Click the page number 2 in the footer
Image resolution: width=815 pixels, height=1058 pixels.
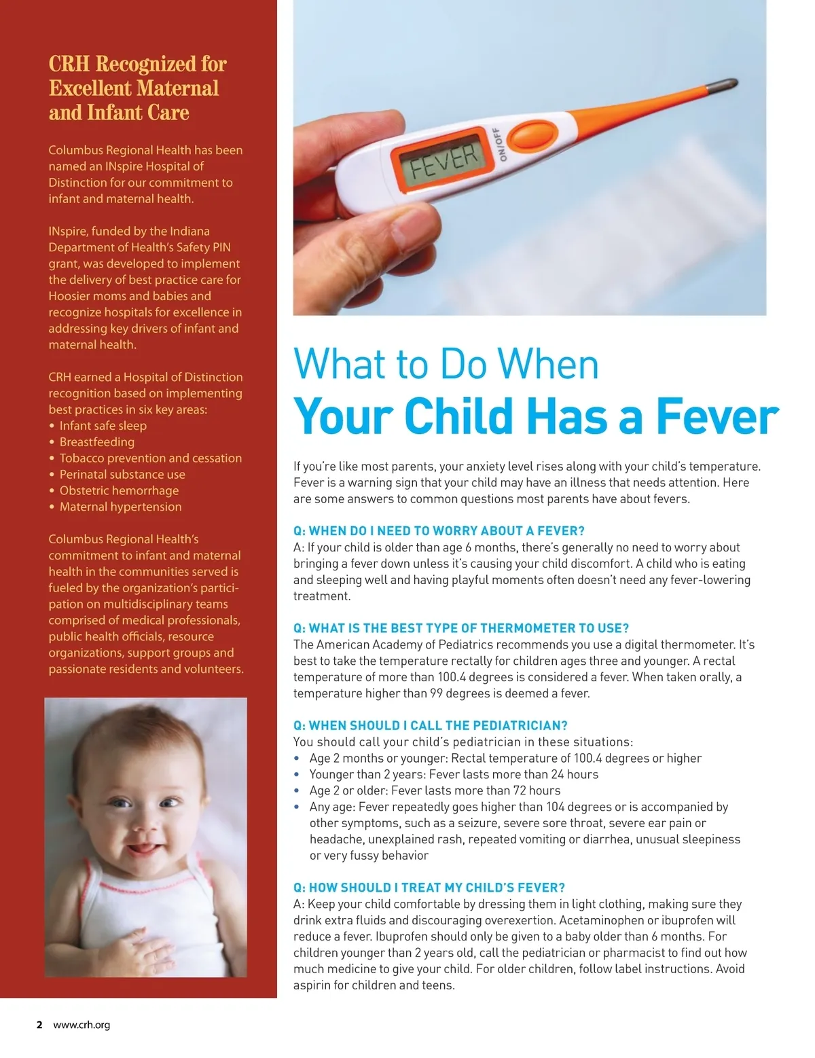point(39,1025)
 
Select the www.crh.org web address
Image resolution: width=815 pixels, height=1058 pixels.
point(81,1025)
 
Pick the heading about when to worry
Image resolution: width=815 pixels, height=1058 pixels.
point(439,531)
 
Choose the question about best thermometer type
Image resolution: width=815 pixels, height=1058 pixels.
point(461,628)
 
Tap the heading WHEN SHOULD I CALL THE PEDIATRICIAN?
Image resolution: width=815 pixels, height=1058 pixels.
point(431,725)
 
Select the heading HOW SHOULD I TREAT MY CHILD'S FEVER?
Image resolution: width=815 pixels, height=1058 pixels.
point(429,888)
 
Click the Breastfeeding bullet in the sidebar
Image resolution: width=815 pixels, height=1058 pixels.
point(97,442)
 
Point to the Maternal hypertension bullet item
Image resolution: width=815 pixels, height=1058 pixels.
point(120,507)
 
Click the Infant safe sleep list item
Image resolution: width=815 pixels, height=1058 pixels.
point(103,426)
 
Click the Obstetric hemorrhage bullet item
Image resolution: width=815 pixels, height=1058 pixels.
point(119,490)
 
